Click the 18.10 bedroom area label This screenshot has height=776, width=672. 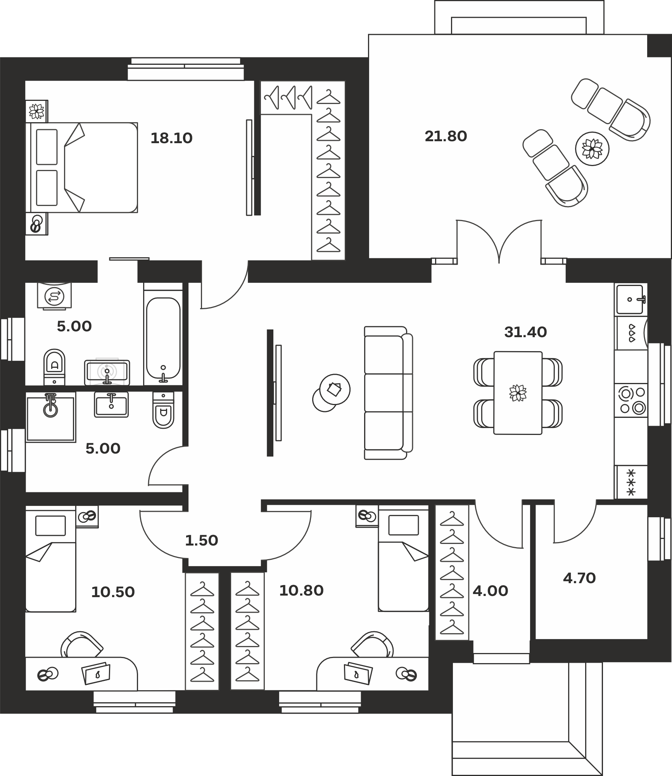[x=171, y=138]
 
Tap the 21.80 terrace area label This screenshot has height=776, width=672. [x=446, y=136]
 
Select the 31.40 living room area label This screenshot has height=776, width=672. [x=525, y=332]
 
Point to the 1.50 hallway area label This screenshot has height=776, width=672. [x=201, y=540]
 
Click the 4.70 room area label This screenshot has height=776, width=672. [x=579, y=578]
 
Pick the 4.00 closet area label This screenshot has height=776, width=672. [x=490, y=591]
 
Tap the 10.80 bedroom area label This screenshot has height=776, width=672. [x=301, y=591]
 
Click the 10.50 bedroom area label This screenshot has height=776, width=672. [x=113, y=592]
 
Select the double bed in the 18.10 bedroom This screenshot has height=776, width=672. [x=82, y=168]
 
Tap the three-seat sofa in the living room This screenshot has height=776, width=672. [x=388, y=393]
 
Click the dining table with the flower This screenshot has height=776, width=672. [x=518, y=393]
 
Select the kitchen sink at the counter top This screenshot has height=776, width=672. [x=630, y=300]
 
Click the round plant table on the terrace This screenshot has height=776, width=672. [x=592, y=149]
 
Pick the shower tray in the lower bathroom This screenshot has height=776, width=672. [x=50, y=417]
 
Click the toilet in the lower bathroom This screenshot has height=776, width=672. [x=163, y=410]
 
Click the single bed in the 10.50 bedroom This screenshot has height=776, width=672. [x=50, y=559]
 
